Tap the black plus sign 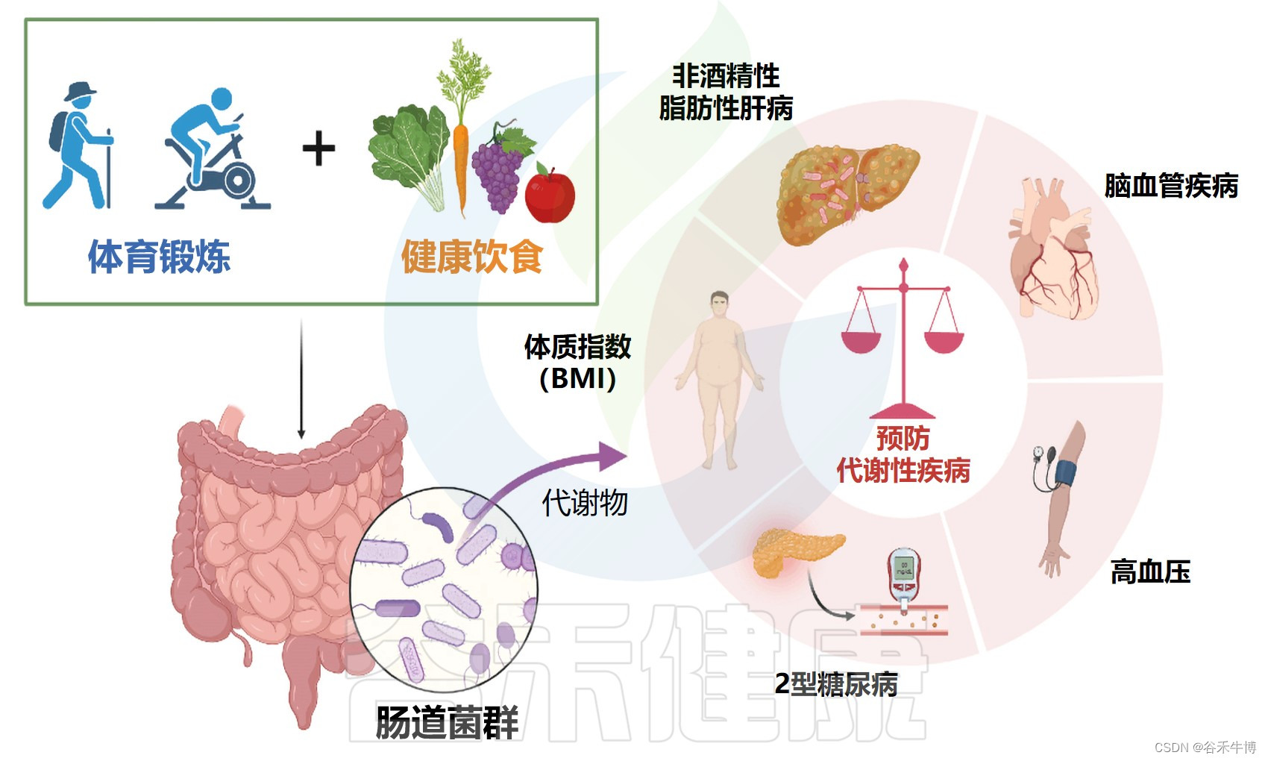click(x=318, y=148)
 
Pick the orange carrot click(x=460, y=164)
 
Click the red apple click(x=550, y=195)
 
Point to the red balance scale click(x=903, y=336)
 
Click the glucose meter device click(x=904, y=574)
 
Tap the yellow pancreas click(x=794, y=552)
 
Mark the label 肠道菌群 click(x=447, y=722)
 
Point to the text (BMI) click(x=577, y=379)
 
